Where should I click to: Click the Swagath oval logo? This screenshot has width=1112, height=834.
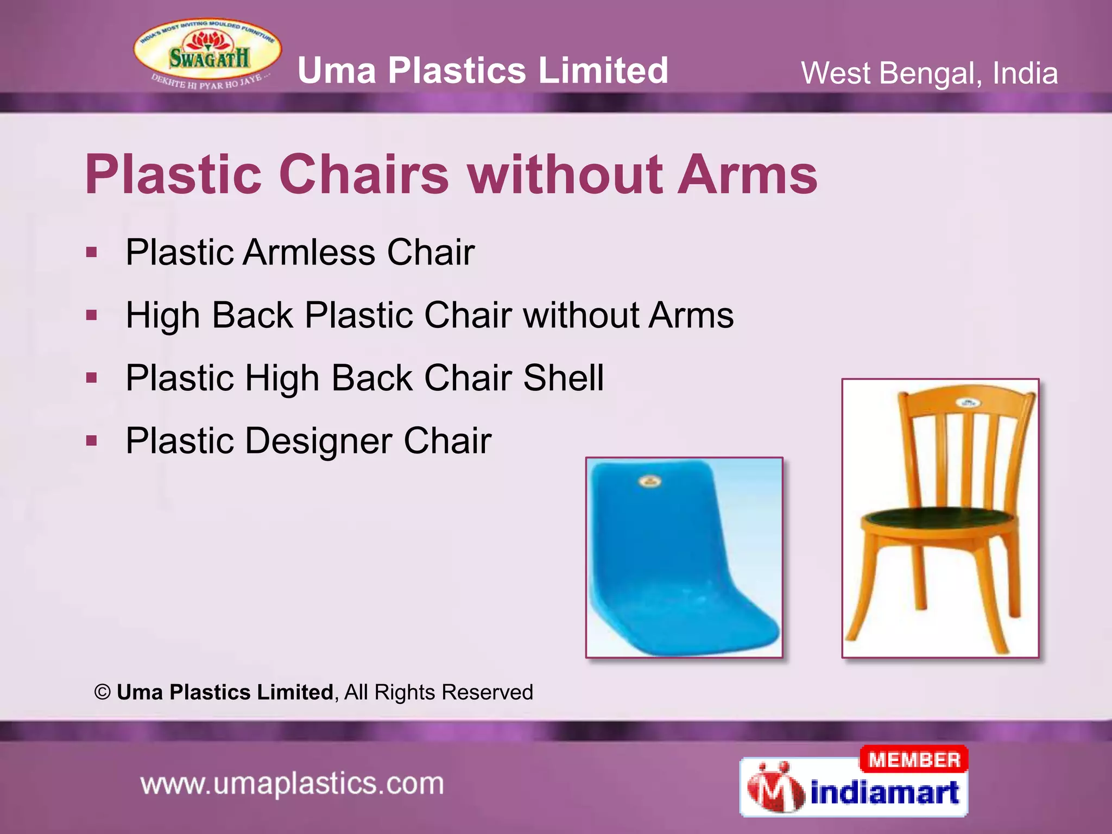[x=207, y=55]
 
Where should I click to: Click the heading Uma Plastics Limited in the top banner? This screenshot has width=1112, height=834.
[x=483, y=71]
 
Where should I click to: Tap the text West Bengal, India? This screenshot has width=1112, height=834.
[x=929, y=73]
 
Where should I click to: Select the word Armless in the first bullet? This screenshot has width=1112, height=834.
[x=309, y=252]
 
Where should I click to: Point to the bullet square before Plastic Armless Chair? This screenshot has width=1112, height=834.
[x=92, y=252]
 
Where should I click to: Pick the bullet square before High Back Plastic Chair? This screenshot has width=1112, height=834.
[x=92, y=315]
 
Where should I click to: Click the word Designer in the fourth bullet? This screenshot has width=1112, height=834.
[x=318, y=440]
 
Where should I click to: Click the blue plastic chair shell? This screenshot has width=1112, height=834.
[x=679, y=559]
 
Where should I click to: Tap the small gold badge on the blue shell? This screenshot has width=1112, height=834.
[x=650, y=481]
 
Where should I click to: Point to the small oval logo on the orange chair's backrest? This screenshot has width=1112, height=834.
[x=967, y=403]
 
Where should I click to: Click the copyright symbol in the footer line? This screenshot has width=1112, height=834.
[x=103, y=692]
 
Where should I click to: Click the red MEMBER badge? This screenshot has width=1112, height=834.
[x=914, y=760]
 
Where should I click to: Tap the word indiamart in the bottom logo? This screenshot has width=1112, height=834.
[x=884, y=793]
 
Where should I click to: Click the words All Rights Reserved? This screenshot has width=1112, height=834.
[x=439, y=692]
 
